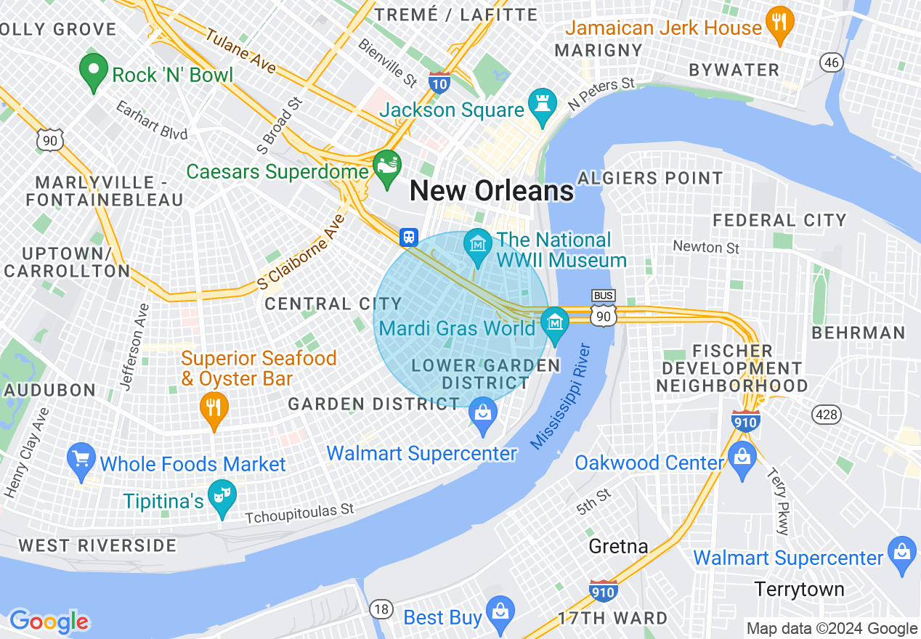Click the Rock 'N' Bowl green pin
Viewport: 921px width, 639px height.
(x=93, y=71)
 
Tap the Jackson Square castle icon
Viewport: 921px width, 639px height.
(x=542, y=106)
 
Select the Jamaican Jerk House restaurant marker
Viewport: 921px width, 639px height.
(x=779, y=25)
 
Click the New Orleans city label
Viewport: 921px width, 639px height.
(x=492, y=191)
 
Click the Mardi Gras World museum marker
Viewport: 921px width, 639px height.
(x=556, y=323)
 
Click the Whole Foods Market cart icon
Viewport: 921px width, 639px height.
(x=81, y=459)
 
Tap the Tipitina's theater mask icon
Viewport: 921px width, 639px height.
(x=221, y=497)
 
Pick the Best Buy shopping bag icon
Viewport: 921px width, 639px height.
(x=500, y=613)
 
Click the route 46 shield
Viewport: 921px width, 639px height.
(x=832, y=62)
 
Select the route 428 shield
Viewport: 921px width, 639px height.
(x=827, y=415)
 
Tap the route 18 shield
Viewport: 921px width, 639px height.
(x=381, y=608)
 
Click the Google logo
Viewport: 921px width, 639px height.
(x=49, y=621)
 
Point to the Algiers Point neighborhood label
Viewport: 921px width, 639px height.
(x=650, y=178)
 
